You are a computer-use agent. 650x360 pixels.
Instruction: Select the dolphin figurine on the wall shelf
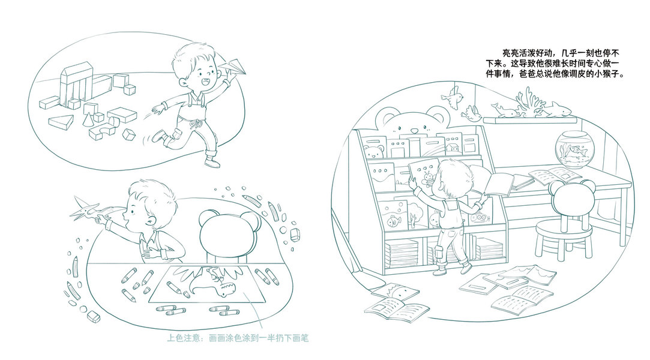click(504, 110)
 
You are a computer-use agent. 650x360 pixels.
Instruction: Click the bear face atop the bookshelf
click(412, 120)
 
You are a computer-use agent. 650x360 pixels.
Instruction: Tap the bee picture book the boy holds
click(424, 174)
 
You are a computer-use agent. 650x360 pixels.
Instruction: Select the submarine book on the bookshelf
click(480, 216)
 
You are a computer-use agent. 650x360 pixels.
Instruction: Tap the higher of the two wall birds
click(453, 98)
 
